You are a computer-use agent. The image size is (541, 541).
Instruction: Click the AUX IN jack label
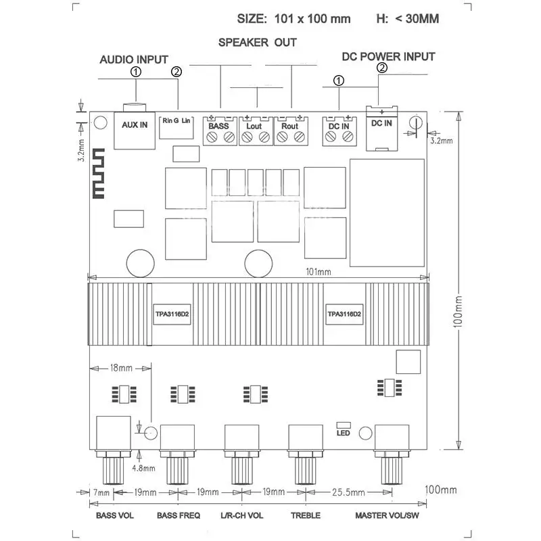click(135, 125)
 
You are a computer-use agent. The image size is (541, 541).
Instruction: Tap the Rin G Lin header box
click(177, 127)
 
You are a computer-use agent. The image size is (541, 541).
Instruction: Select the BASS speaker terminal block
click(220, 131)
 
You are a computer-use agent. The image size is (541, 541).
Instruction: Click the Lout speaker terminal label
click(254, 126)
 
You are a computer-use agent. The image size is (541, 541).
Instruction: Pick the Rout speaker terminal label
click(290, 126)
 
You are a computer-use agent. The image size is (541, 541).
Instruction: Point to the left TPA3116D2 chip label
click(172, 314)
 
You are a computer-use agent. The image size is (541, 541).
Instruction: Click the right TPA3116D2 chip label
click(344, 314)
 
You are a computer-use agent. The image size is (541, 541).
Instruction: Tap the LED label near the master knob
click(344, 433)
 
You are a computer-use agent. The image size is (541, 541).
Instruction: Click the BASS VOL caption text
click(114, 515)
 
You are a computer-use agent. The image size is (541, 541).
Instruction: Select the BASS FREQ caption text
click(179, 515)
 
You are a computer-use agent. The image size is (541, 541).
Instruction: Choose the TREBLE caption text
click(306, 515)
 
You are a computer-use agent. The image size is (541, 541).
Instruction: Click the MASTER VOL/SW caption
click(387, 515)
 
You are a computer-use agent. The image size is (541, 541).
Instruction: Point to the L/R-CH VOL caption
click(242, 515)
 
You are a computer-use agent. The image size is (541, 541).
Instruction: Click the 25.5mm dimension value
click(348, 492)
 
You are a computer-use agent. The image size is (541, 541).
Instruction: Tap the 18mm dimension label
click(121, 368)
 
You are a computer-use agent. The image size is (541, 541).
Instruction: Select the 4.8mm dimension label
click(143, 468)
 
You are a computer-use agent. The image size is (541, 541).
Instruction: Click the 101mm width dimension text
click(319, 272)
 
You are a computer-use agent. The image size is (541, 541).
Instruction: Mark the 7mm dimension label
click(101, 493)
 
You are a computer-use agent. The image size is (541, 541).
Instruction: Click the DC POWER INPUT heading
click(388, 57)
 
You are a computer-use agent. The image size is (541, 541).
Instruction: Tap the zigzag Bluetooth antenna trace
click(98, 174)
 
